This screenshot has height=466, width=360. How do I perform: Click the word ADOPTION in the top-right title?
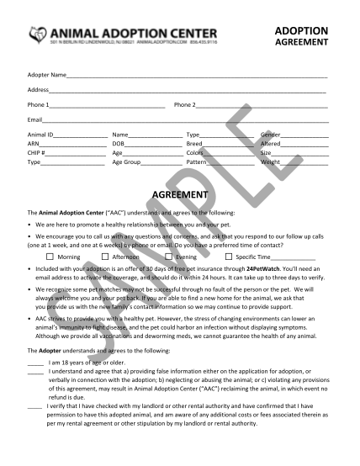(302, 30)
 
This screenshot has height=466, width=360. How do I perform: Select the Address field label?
(38, 89)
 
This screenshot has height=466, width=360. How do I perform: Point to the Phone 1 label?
(39, 104)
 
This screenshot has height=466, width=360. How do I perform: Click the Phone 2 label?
(184, 104)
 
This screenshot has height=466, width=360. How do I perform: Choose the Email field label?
(35, 119)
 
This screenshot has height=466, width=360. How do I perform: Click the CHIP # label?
(37, 153)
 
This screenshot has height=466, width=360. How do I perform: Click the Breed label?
(195, 144)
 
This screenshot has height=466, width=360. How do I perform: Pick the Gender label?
(271, 135)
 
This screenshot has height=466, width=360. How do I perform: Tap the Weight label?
(272, 162)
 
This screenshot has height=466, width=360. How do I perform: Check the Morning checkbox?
(50, 256)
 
